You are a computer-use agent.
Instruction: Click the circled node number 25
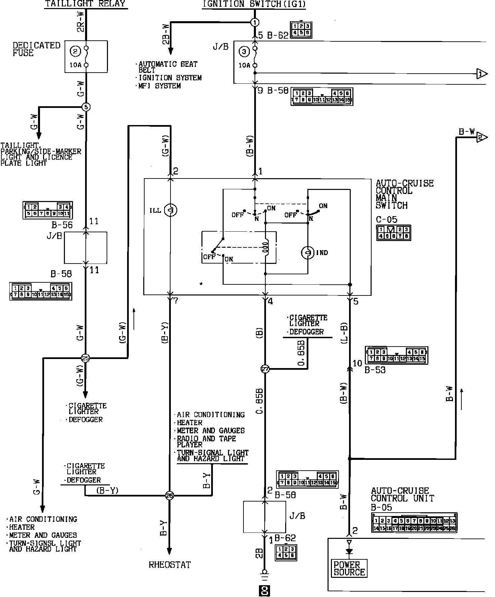tap(86, 358)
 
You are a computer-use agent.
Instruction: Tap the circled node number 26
tap(169, 495)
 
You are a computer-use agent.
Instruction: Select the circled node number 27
tap(265, 369)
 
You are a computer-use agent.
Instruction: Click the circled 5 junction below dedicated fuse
tap(86, 107)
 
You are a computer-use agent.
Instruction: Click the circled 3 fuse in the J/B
tap(244, 51)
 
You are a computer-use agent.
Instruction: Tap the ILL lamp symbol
tap(171, 210)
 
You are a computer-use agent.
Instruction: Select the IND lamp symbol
tap(308, 253)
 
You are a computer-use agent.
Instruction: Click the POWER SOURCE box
tap(349, 568)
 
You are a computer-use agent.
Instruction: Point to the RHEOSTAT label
tap(169, 565)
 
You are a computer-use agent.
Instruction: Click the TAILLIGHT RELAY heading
tap(85, 4)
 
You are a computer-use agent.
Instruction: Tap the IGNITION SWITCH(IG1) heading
tap(254, 4)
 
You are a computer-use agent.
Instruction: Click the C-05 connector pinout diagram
tap(393, 233)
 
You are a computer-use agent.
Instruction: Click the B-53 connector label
tap(375, 370)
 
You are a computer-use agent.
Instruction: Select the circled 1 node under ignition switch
tap(255, 23)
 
